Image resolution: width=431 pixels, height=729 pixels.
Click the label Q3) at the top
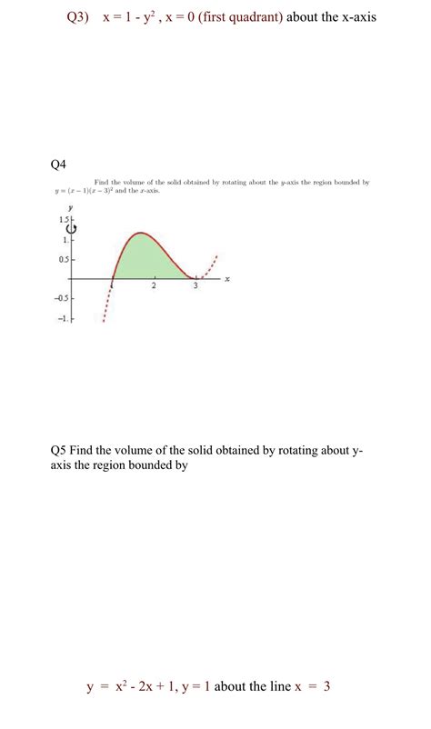point(81,18)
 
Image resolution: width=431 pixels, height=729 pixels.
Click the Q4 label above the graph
point(59,164)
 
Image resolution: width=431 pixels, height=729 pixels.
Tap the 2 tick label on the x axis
point(154,286)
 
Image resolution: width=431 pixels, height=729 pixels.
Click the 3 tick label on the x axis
point(195,286)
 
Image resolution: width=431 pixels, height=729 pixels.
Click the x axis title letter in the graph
point(226,279)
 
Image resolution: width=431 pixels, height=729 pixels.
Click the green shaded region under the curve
point(145,259)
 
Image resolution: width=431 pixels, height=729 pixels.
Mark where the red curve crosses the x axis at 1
point(112,279)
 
